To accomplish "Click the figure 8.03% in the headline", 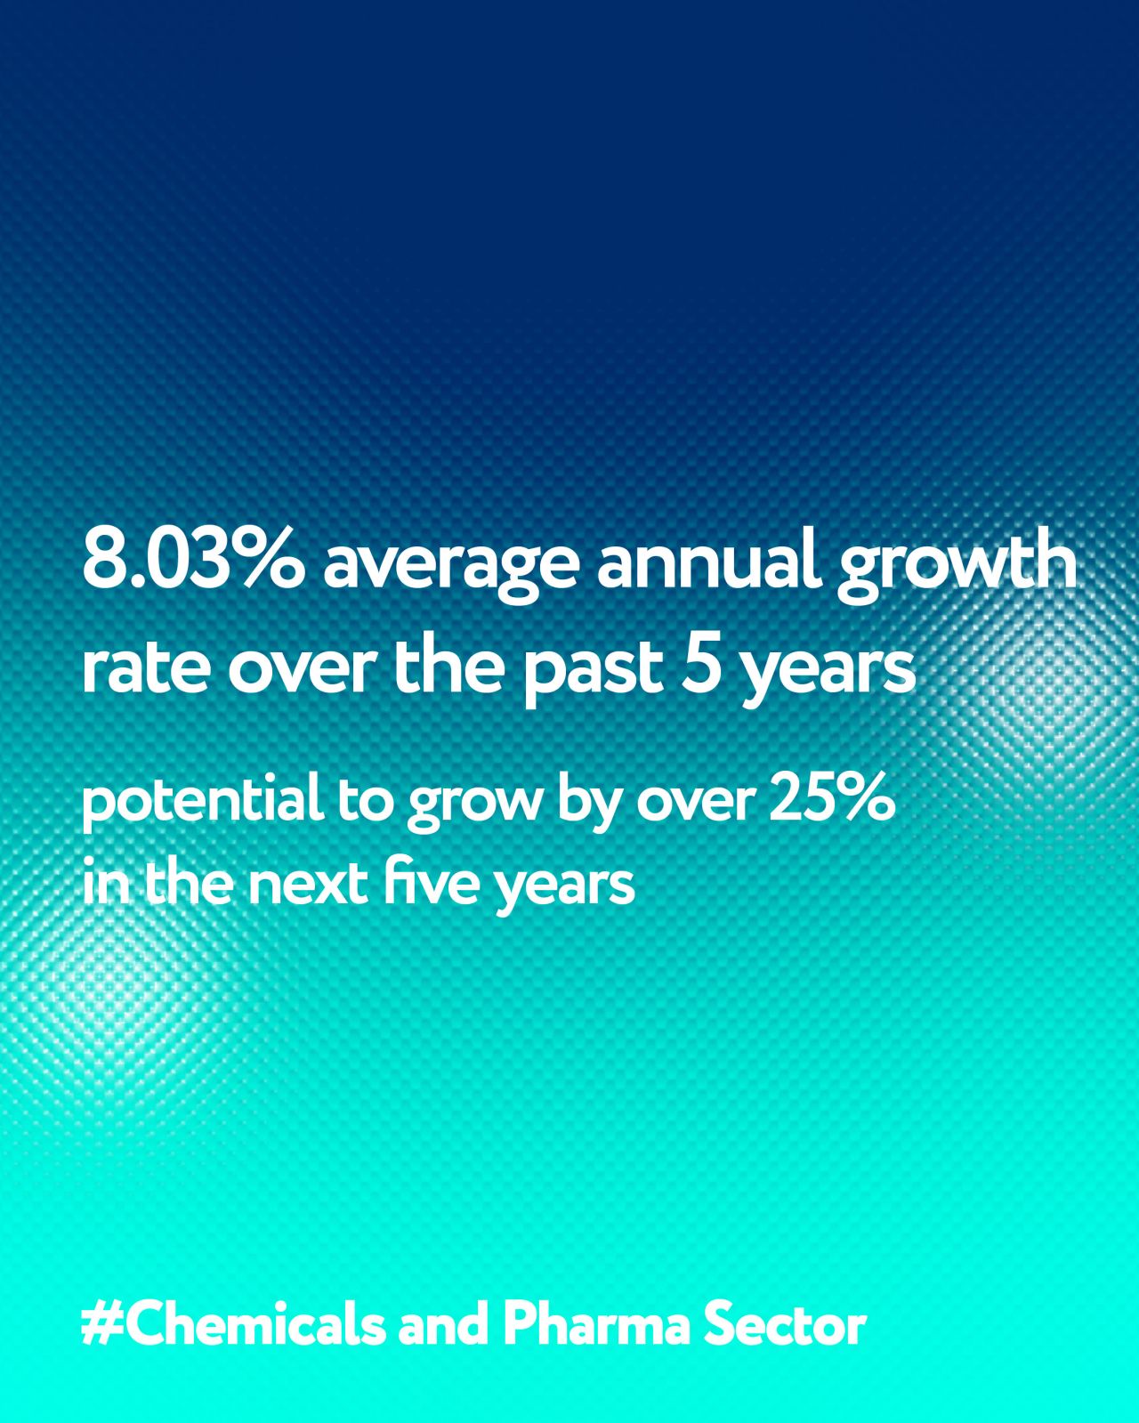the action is tap(192, 561).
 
